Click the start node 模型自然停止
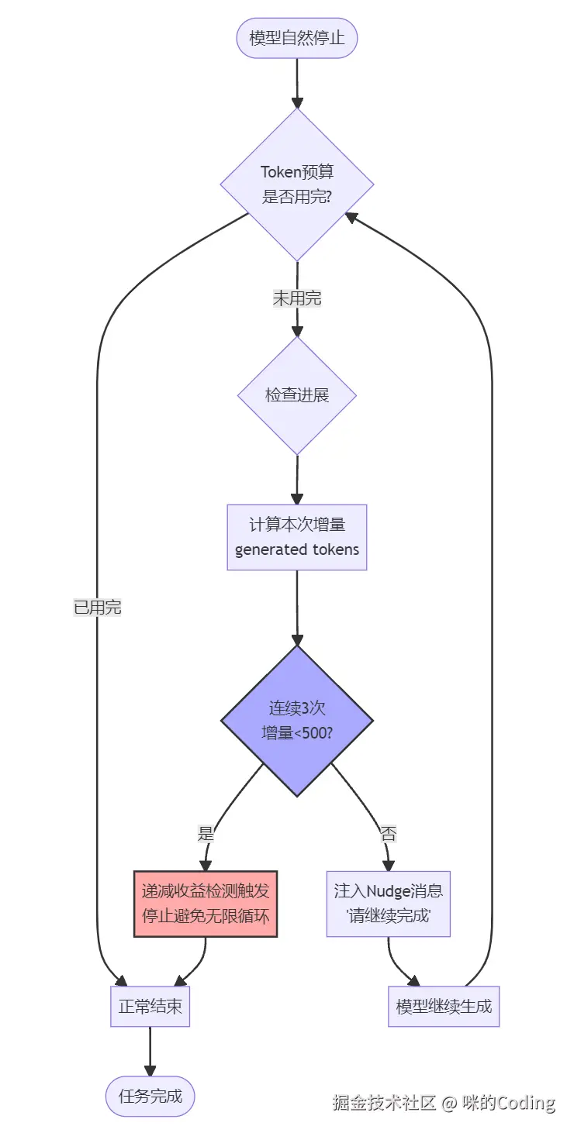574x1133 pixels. (297, 37)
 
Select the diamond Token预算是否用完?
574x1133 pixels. (297, 184)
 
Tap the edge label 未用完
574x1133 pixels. (297, 298)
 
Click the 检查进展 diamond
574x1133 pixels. (297, 395)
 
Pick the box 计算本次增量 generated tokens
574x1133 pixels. (297, 537)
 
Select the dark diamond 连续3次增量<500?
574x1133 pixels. (297, 720)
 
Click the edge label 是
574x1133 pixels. (206, 835)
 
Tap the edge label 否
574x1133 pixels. (388, 835)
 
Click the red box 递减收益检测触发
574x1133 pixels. (206, 904)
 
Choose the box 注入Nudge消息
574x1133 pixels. (388, 904)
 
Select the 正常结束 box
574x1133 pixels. (150, 1007)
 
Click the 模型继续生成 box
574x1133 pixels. (444, 1007)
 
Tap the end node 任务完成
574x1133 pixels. (150, 1096)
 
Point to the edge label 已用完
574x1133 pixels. (98, 608)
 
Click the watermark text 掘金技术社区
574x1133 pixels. (384, 1102)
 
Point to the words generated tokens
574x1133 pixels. (297, 549)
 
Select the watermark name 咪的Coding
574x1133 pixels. (508, 1102)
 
